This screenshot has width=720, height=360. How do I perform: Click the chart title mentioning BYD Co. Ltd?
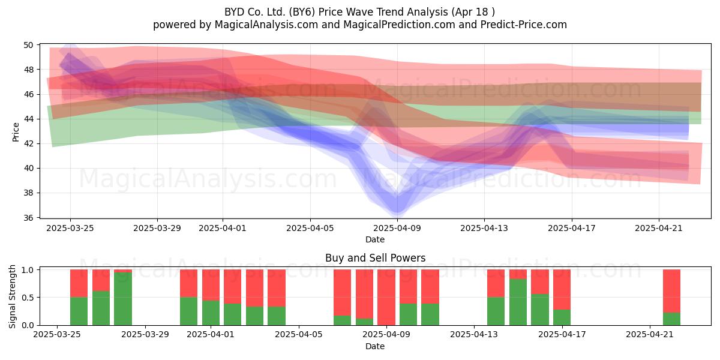(x=359, y=12)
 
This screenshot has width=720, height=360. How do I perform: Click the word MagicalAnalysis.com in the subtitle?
(x=266, y=25)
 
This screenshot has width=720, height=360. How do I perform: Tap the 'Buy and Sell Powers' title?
(x=375, y=258)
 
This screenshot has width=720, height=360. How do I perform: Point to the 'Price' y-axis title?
(x=16, y=132)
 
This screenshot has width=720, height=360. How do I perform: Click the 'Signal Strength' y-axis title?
(x=12, y=296)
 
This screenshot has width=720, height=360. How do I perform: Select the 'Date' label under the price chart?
(x=375, y=239)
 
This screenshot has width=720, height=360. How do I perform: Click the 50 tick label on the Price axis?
(x=28, y=45)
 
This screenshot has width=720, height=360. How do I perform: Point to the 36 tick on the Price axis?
(x=28, y=218)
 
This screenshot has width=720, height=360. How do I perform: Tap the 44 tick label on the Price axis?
(x=28, y=119)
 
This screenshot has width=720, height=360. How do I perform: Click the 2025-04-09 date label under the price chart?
(x=397, y=228)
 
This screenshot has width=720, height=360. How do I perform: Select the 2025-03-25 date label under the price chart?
(x=70, y=228)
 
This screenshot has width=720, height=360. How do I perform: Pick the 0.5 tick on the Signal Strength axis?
(x=28, y=298)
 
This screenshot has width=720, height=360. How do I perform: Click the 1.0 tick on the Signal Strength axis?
(x=28, y=269)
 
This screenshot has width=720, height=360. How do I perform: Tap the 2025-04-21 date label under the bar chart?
(x=650, y=334)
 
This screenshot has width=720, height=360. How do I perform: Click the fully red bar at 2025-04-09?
(x=386, y=298)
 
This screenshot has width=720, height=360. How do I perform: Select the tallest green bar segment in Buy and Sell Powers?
(x=123, y=299)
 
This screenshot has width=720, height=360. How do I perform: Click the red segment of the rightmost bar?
(x=671, y=291)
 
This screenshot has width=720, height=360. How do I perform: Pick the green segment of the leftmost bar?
(x=79, y=311)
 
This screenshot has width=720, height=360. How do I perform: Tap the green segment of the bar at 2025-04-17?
(x=562, y=317)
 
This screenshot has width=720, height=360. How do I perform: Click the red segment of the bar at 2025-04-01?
(x=211, y=285)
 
